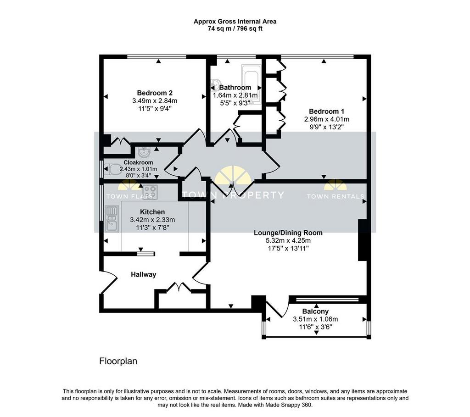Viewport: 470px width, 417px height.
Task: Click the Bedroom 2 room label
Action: (155, 93)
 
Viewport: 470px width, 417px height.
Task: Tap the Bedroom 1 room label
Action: (326, 111)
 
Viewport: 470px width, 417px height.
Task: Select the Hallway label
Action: (144, 274)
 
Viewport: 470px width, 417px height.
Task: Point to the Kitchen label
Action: (152, 212)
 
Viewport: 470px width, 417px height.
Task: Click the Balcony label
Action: (315, 311)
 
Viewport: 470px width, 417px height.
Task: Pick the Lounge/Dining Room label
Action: (288, 233)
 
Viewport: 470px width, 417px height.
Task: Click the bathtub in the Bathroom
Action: (252, 84)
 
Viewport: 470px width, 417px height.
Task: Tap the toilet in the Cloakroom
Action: (113, 169)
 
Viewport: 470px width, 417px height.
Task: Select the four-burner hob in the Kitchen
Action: (150, 191)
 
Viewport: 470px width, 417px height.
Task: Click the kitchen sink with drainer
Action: (112, 219)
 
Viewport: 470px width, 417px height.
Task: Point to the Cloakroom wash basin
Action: (145, 152)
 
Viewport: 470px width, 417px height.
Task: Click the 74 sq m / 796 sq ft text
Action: (235, 29)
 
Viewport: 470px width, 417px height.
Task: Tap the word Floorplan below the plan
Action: (118, 361)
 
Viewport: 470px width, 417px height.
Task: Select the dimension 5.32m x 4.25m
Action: (288, 240)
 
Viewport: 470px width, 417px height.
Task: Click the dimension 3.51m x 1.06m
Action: (315, 319)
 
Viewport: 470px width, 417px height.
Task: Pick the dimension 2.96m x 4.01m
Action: (326, 119)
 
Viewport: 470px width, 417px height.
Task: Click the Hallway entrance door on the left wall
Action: (108, 282)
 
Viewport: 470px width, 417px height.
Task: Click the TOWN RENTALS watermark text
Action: (336, 196)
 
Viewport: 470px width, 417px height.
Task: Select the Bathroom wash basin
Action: (215, 84)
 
